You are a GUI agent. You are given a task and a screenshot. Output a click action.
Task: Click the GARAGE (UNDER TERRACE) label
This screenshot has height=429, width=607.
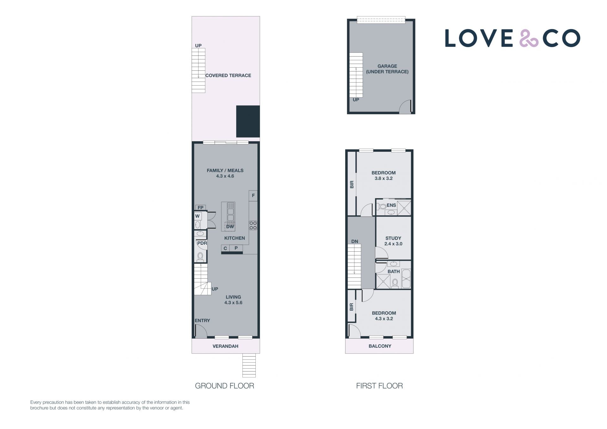point(387,69)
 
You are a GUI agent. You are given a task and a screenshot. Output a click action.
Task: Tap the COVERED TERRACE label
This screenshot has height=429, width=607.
point(228,76)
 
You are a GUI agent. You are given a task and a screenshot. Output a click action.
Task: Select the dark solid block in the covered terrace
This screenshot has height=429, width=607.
point(248,121)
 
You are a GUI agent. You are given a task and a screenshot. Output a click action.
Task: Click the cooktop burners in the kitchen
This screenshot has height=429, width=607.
point(253,225)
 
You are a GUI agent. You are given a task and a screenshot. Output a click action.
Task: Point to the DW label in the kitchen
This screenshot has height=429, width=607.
point(230,227)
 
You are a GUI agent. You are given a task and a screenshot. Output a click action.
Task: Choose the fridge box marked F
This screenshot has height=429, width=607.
point(253,196)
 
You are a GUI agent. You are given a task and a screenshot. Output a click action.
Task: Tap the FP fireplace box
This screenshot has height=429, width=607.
point(200,208)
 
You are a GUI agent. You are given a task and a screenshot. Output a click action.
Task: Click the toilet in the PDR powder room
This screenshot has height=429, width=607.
point(200,257)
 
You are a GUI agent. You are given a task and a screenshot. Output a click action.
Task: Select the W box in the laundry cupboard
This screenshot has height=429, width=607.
point(198,216)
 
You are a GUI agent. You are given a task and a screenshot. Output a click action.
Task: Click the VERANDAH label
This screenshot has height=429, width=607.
point(225,346)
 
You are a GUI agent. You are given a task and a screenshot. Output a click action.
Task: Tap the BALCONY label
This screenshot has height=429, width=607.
point(380,346)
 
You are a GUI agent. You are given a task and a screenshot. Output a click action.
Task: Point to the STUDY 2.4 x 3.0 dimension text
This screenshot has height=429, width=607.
point(393,244)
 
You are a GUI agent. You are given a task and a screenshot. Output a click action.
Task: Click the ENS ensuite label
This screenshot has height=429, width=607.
point(391,205)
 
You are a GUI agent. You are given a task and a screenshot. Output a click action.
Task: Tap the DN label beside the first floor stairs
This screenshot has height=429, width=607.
point(355,242)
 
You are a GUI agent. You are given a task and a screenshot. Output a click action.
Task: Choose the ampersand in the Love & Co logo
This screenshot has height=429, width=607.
point(529,38)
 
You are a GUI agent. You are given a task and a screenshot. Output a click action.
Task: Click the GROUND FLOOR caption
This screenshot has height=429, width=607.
point(224,386)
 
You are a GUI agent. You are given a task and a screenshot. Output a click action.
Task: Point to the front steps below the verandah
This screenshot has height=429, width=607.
point(249,365)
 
